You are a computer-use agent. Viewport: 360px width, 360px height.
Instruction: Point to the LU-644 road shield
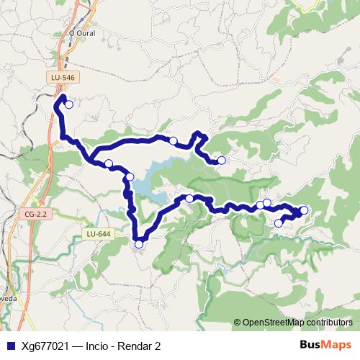[x=98, y=234]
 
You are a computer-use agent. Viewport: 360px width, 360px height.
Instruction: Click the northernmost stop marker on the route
[x=69, y=104]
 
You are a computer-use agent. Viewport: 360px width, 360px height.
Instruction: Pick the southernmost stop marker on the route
[x=139, y=244]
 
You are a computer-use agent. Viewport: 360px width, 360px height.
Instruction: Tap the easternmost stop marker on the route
[x=304, y=210]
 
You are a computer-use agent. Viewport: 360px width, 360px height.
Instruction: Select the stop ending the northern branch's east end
[x=222, y=160]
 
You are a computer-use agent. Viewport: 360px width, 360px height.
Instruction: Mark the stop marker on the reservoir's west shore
[x=130, y=177]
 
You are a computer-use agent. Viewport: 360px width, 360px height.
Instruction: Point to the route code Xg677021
[x=45, y=346]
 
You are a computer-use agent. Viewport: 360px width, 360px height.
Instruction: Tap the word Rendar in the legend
[x=136, y=346]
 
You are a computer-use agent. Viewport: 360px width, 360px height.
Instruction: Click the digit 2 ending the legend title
[x=158, y=346]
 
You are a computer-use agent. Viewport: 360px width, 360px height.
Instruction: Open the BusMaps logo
[x=325, y=345]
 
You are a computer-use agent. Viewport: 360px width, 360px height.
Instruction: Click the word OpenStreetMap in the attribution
[x=276, y=323]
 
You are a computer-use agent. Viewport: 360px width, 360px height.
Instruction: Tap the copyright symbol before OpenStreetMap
[x=237, y=323]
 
